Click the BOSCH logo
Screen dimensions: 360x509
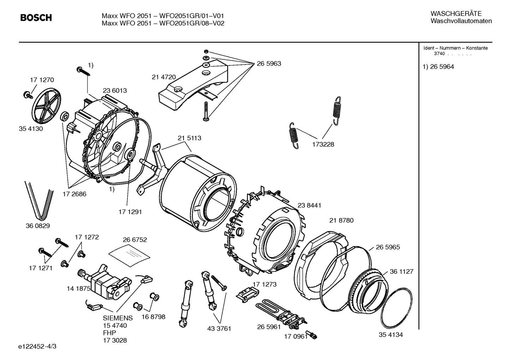pos(36,18)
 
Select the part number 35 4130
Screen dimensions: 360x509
pos(31,129)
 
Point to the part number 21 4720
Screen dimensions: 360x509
pos(163,77)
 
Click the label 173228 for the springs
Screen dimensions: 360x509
pos(323,144)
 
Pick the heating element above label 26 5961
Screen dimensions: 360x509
pos(279,310)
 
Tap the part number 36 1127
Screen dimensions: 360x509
pos(401,271)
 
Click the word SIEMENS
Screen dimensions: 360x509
pos(118,318)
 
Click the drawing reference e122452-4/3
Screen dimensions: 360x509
pos(37,346)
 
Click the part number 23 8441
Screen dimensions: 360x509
pos(309,205)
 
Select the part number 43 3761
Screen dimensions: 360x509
pos(219,329)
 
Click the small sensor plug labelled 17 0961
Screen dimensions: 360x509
pos(312,335)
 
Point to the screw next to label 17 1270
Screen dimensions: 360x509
pos(27,94)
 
